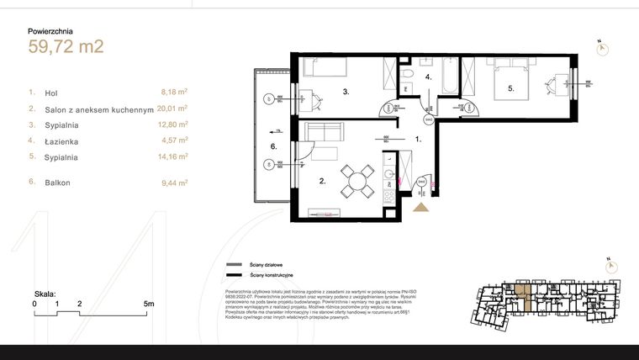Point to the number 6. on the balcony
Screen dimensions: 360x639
click(272, 146)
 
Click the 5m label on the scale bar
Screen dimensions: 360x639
click(148, 303)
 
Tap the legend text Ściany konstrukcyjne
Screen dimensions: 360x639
click(270, 275)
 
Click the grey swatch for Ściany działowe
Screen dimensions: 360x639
click(233, 265)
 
